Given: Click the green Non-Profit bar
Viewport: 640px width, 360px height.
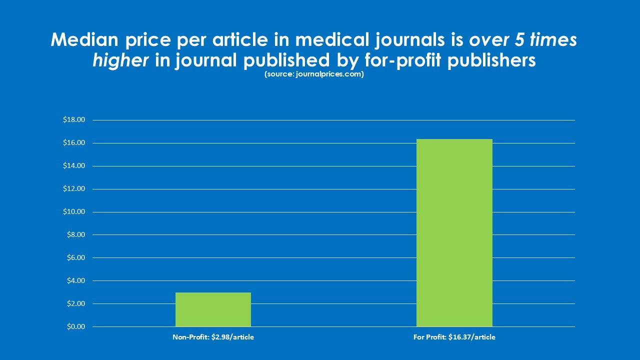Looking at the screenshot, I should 213,309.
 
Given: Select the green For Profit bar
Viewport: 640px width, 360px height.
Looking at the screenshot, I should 454,232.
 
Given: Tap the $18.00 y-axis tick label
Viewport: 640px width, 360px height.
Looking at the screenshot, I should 74,120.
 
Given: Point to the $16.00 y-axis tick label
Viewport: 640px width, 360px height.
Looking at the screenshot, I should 74,143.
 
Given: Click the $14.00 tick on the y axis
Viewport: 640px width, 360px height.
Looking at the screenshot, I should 74,166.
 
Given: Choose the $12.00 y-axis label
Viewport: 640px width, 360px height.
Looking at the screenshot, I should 74,189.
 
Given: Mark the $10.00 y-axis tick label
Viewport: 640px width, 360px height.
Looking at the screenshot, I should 74,212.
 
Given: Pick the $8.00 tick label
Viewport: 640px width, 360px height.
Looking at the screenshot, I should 75,235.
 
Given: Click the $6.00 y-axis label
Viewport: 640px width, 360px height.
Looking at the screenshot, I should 75,258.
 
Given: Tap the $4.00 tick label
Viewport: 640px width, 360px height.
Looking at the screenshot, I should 75,281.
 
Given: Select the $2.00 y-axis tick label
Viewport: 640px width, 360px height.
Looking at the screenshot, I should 75,304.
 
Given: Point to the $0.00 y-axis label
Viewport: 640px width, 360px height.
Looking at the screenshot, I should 75,327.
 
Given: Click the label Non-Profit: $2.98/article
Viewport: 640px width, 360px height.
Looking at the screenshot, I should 213,337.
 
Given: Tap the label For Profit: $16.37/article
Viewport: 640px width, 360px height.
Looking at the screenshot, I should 454,337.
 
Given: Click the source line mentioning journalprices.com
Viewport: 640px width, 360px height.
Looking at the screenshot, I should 313,74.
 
